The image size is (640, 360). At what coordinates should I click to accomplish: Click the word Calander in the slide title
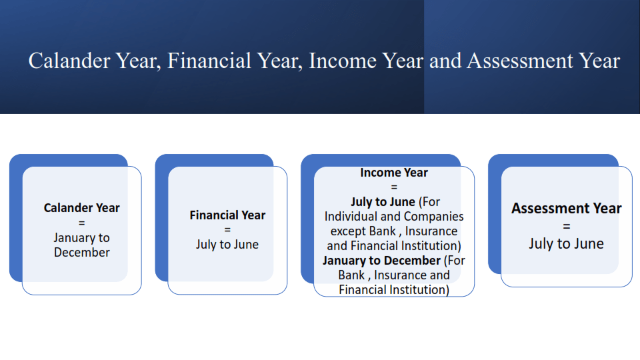(x=69, y=61)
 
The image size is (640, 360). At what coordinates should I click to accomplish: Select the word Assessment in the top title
(x=520, y=61)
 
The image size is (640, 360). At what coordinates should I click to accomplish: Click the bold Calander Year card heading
(x=81, y=208)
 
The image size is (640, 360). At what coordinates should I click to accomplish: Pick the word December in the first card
(x=81, y=252)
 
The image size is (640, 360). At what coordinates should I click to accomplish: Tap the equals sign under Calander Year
(x=81, y=223)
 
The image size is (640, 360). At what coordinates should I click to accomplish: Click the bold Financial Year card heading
(x=227, y=215)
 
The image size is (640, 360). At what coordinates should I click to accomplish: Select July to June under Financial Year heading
(x=227, y=245)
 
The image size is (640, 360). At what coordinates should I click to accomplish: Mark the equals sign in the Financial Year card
(x=227, y=230)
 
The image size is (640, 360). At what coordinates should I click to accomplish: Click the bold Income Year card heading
(x=394, y=173)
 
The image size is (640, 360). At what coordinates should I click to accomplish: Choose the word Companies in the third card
(x=433, y=216)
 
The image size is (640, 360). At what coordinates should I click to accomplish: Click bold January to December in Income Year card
(x=381, y=261)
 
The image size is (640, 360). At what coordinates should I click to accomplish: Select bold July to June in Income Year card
(x=383, y=202)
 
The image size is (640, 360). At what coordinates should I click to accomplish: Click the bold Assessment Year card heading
(x=567, y=209)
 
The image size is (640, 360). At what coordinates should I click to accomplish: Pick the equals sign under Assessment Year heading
(x=567, y=226)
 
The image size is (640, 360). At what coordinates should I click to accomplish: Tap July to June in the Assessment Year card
(x=567, y=244)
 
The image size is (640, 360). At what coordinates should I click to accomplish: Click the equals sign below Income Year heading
(x=394, y=187)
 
